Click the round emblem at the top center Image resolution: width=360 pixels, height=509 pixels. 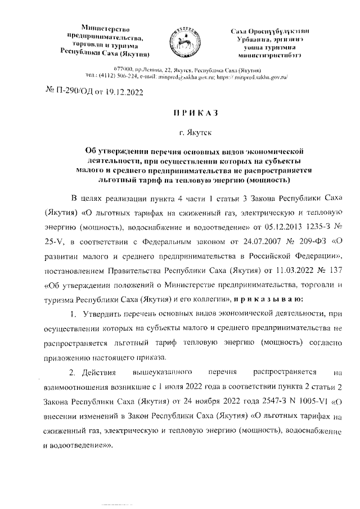coord(186,42)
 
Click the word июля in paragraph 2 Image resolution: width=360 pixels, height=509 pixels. coord(168,388)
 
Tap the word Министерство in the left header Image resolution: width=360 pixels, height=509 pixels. coord(105,28)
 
